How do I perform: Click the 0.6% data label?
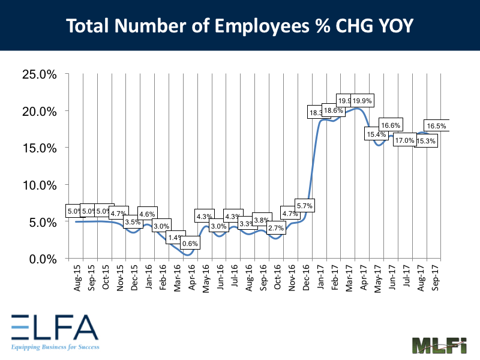click(190, 244)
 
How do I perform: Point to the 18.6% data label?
click(333, 110)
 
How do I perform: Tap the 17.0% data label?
click(404, 140)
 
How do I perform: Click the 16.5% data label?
click(436, 125)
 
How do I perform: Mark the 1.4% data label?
click(175, 238)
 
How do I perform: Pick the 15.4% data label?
click(375, 134)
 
